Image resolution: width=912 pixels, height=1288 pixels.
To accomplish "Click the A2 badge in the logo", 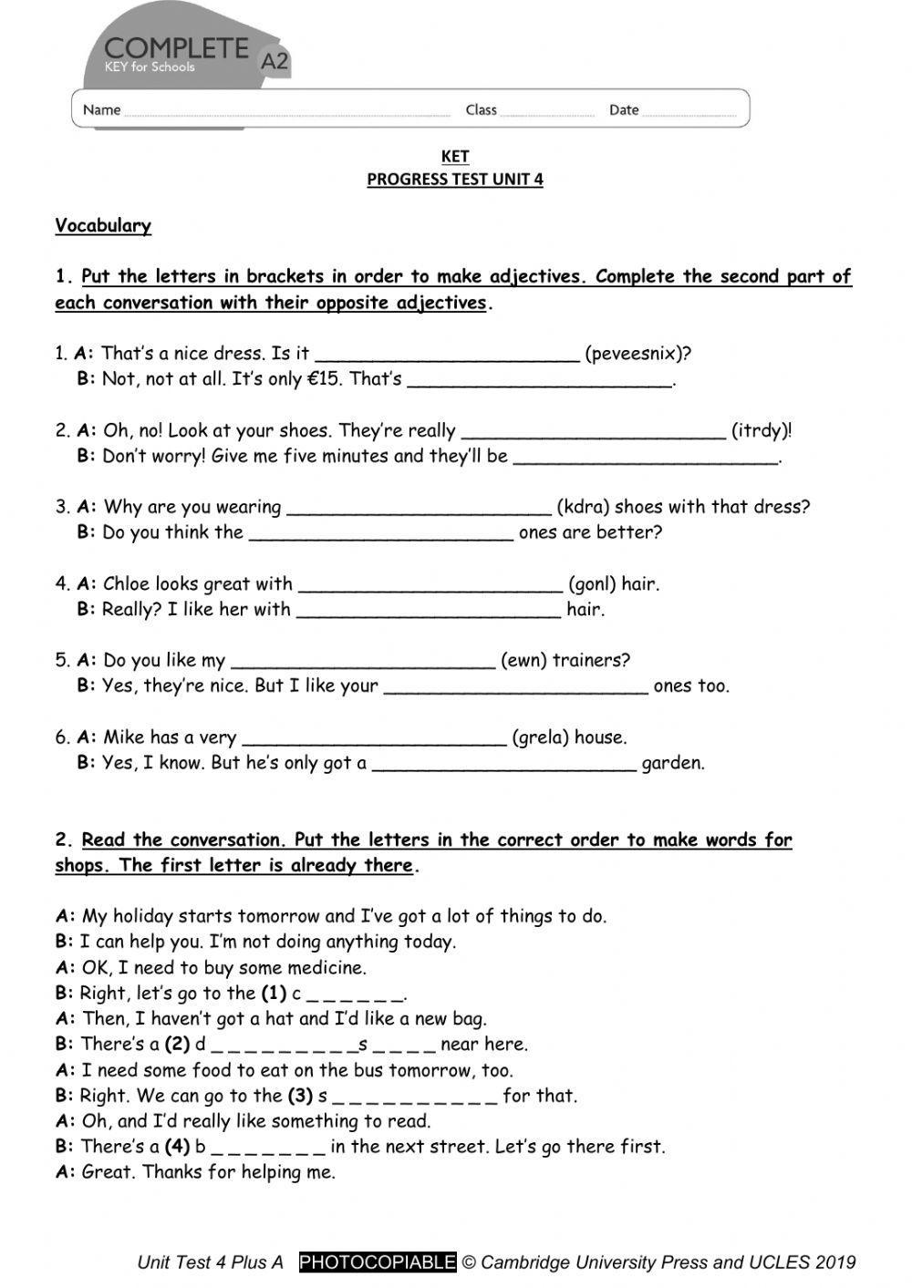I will (x=275, y=61).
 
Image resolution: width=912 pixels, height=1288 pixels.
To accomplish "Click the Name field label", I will (x=101, y=110).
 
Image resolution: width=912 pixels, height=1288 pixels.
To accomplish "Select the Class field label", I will (x=481, y=110).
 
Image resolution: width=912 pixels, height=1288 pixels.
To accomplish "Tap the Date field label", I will (x=624, y=110).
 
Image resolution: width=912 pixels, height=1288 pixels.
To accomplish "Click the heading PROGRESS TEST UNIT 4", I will (x=455, y=180).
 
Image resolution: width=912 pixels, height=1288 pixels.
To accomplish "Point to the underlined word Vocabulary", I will (x=103, y=226).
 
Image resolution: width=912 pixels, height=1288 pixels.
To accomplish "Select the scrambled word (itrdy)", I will (x=762, y=430).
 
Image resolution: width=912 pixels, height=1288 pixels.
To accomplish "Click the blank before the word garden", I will (x=503, y=764).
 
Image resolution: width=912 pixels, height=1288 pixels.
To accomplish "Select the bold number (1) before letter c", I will (x=274, y=994).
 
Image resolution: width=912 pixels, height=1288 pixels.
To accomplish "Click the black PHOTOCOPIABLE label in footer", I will (x=378, y=1262).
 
